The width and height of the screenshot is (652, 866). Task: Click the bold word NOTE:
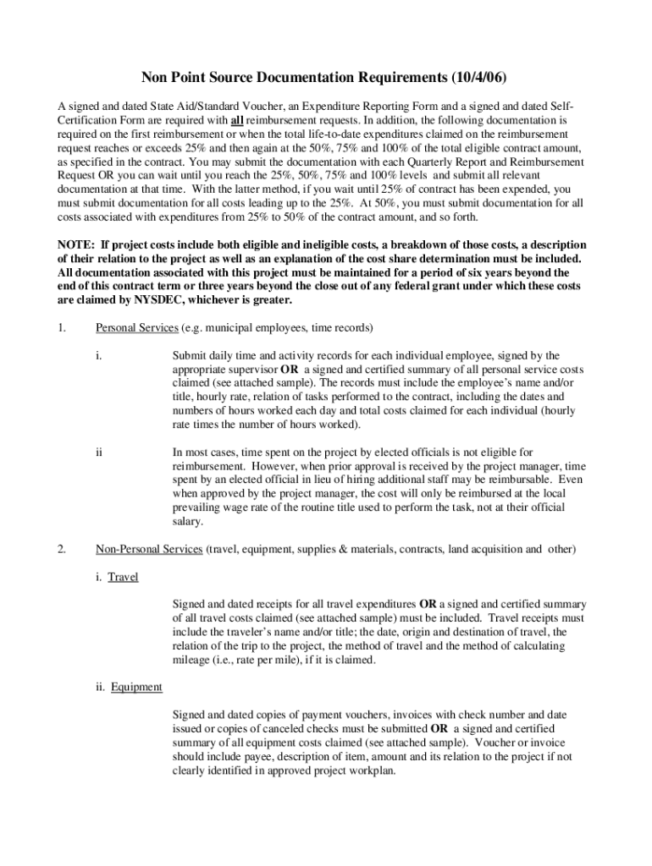click(75, 245)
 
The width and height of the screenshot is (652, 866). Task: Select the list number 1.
click(61, 327)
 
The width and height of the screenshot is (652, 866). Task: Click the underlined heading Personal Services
click(135, 327)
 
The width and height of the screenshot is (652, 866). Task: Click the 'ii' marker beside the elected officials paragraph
click(99, 452)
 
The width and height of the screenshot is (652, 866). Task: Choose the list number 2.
click(61, 549)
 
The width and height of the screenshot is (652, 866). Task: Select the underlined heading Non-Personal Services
click(148, 549)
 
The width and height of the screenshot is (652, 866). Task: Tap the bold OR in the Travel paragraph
click(428, 605)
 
